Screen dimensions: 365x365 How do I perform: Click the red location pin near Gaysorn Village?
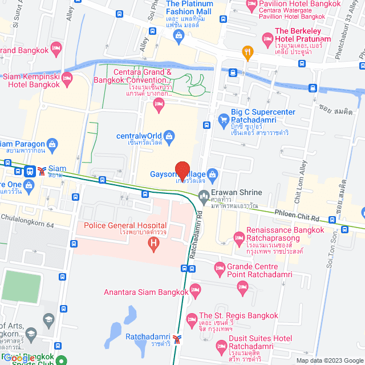click(x=182, y=171)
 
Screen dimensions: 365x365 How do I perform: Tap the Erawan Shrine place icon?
click(x=204, y=197)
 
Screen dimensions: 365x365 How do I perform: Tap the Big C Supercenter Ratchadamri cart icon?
click(x=223, y=120)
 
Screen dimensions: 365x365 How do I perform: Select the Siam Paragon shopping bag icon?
click(x=52, y=143)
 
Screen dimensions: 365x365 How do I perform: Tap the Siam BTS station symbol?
click(x=42, y=170)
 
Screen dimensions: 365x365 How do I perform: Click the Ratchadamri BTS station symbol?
click(x=177, y=339)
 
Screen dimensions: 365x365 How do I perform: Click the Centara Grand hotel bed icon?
click(x=159, y=103)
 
